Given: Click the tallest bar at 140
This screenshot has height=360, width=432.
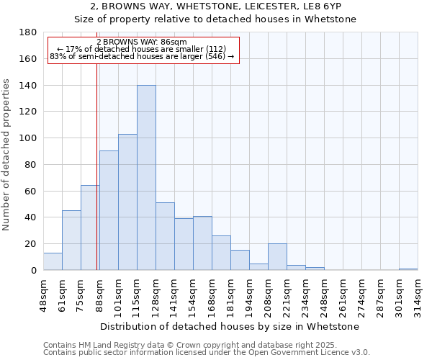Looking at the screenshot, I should click(146, 178).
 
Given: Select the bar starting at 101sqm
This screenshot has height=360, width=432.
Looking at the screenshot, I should click(127, 202).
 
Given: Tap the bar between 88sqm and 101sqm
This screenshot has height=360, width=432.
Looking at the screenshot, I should click(109, 210).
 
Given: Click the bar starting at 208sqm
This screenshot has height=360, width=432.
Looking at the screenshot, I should click(277, 257).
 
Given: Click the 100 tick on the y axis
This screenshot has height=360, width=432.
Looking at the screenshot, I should click(29, 138).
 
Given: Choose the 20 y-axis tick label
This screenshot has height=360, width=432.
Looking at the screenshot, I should click(32, 244).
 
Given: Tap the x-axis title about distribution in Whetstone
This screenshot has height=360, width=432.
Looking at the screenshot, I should click(230, 327).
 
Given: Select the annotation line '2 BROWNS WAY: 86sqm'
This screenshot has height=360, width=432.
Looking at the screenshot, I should click(142, 42).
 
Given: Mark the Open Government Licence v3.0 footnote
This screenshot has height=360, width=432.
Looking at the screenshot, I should click(302, 353).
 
